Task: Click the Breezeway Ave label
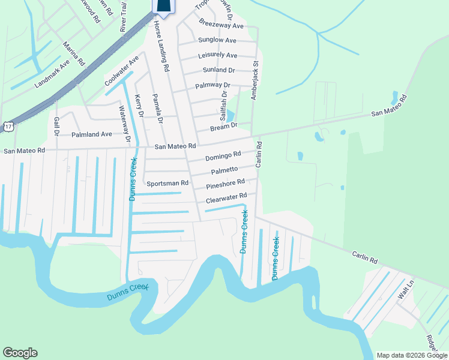click(x=221, y=26)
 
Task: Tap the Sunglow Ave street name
click(x=217, y=40)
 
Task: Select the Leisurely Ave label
click(x=217, y=55)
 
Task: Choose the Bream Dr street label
click(x=224, y=127)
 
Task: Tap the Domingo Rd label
click(x=223, y=156)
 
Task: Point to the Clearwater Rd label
click(x=226, y=196)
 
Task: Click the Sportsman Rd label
click(x=168, y=183)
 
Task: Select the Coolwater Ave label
click(x=121, y=71)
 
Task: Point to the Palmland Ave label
click(x=92, y=134)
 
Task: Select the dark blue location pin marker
click(x=164, y=5)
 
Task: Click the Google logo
click(x=20, y=353)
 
